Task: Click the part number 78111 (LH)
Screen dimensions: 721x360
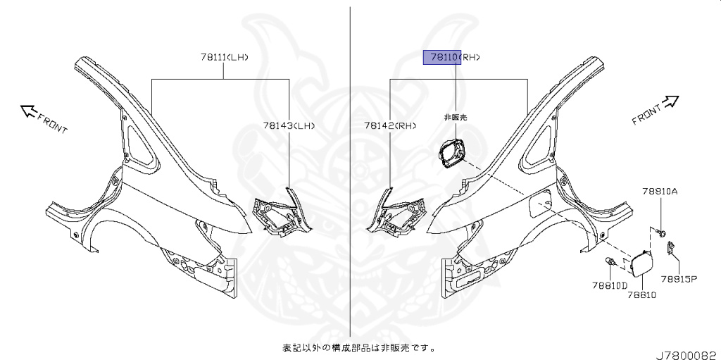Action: pos(223,57)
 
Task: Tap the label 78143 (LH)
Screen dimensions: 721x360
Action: pos(289,126)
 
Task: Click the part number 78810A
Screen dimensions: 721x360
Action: pos(660,191)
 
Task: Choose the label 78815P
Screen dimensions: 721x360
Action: pos(679,278)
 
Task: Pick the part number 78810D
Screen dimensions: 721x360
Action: pos(609,285)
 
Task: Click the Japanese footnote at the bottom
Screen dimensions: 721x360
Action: pos(358,347)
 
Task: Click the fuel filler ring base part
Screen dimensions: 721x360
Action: pos(453,153)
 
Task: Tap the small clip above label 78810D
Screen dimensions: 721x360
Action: pos(611,263)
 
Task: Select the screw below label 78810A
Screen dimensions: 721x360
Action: pos(662,230)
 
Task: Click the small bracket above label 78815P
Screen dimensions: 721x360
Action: pos(671,247)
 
